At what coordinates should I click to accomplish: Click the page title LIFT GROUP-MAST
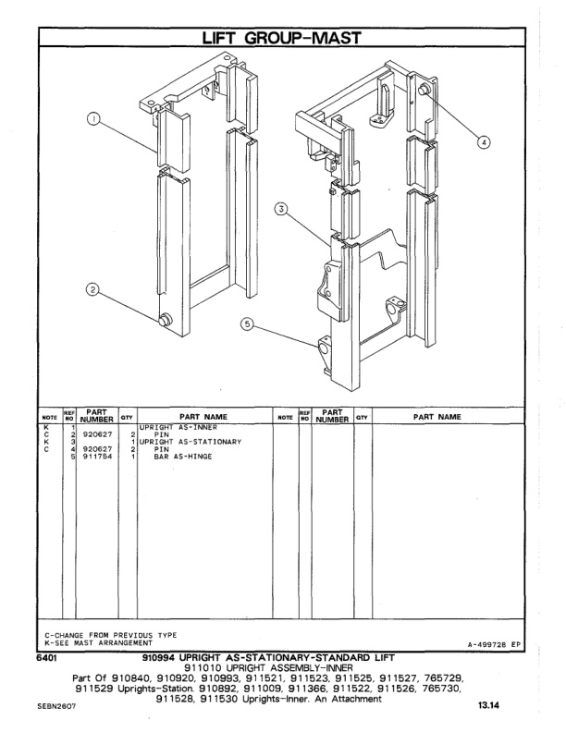point(282,37)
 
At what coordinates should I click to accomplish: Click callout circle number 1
point(92,118)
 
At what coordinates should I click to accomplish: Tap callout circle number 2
point(92,290)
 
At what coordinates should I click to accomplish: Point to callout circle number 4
point(484,141)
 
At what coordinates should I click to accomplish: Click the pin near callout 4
point(424,90)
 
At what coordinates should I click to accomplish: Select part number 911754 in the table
point(97,457)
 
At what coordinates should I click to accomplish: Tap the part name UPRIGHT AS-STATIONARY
point(190,442)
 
